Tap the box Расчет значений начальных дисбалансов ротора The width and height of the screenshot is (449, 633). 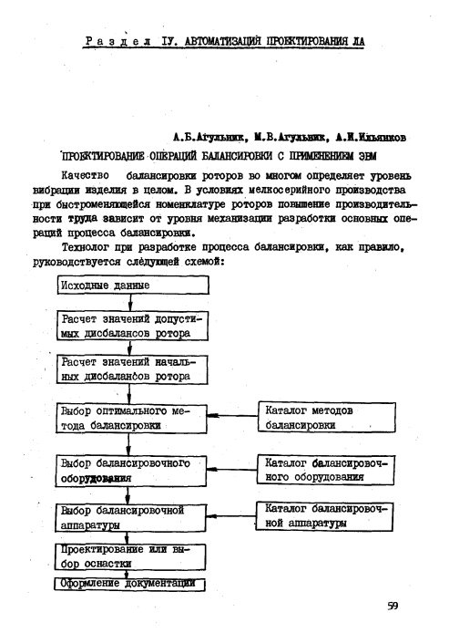click(131, 370)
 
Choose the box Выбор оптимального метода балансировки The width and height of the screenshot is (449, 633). click(127, 418)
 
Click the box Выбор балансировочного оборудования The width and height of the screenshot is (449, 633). click(127, 470)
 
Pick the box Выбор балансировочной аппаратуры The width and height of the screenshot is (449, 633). click(127, 516)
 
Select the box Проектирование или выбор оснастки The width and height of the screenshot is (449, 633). click(127, 555)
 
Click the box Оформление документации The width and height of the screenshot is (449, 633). click(127, 583)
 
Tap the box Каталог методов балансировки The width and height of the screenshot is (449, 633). click(325, 418)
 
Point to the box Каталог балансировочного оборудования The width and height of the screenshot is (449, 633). click(325, 470)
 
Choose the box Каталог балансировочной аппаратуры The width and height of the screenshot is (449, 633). click(325, 515)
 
